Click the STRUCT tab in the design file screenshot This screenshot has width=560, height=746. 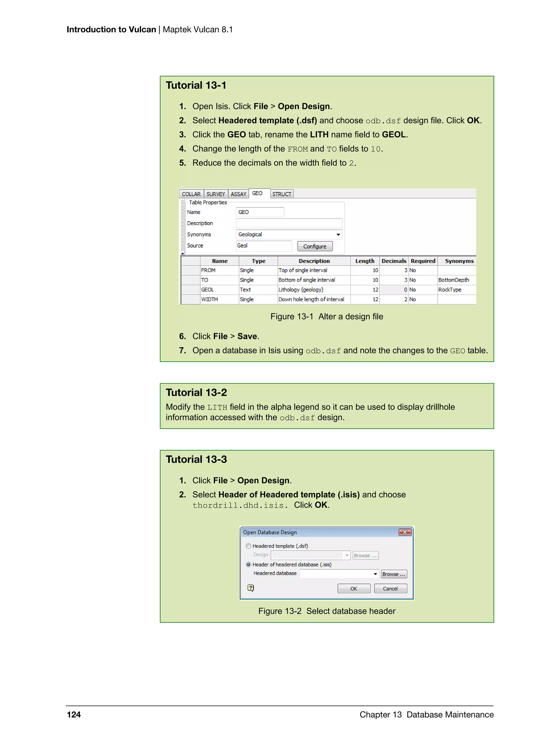(x=282, y=194)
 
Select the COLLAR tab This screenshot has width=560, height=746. (x=191, y=194)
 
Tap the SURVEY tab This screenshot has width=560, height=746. (x=215, y=194)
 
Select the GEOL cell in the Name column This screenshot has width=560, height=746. (x=219, y=290)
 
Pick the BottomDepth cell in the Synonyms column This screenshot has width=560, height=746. (x=456, y=280)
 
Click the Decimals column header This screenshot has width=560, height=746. (x=393, y=261)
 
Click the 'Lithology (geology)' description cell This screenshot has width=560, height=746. (x=314, y=290)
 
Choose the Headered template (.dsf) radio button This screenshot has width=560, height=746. (x=249, y=546)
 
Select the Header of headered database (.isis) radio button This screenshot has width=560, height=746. (x=249, y=565)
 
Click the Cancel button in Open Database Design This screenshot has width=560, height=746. (x=390, y=588)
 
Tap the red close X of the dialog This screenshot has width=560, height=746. (x=405, y=532)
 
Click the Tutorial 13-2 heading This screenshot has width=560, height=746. (x=196, y=393)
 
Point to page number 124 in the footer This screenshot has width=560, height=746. (x=74, y=715)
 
